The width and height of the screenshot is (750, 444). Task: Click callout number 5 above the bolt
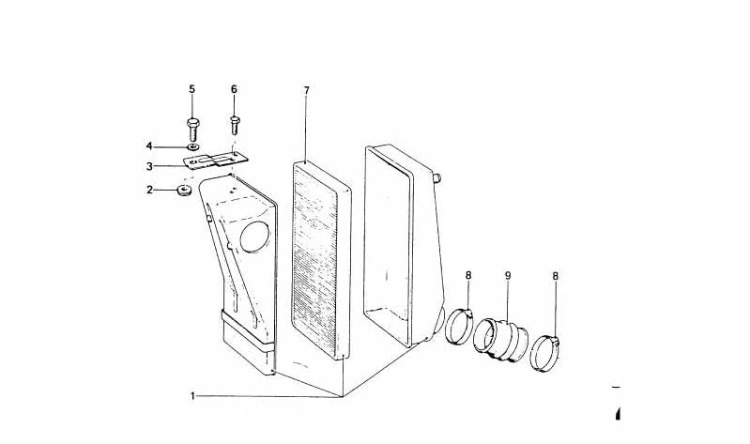click(x=191, y=89)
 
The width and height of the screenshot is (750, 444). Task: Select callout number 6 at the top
click(x=234, y=89)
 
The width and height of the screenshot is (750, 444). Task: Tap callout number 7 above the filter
click(x=307, y=90)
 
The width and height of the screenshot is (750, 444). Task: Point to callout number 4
click(x=149, y=145)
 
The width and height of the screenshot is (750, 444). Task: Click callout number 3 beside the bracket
click(x=149, y=166)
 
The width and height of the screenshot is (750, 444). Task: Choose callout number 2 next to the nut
click(x=149, y=190)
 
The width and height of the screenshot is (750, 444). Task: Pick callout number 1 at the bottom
click(x=192, y=396)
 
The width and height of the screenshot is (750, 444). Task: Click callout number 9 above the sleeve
click(x=508, y=275)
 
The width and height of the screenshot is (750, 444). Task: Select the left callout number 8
click(x=468, y=275)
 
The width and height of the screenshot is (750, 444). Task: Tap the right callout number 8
click(x=556, y=276)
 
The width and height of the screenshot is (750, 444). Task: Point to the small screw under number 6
click(x=235, y=125)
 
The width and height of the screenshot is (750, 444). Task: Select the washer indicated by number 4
click(x=192, y=145)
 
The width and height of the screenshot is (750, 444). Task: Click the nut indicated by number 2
click(x=184, y=191)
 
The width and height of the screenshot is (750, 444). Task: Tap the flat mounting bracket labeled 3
click(x=216, y=161)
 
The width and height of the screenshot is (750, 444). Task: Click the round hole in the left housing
click(x=254, y=237)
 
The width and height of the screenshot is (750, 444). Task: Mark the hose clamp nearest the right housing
click(x=459, y=327)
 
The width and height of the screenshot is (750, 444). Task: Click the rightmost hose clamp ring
click(x=544, y=354)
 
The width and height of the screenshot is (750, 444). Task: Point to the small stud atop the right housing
click(x=436, y=178)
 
